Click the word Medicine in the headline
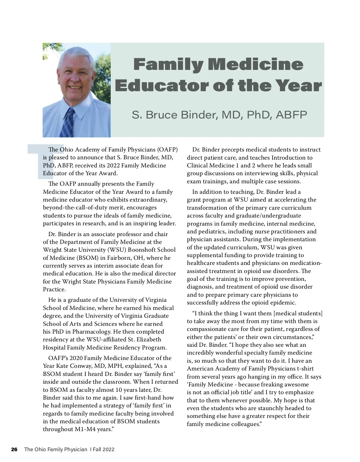(256, 65)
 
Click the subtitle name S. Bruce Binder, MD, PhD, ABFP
(219, 115)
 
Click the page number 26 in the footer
(14, 449)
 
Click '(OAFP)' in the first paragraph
(168, 149)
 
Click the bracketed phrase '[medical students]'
(298, 313)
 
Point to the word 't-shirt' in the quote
(305, 369)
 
